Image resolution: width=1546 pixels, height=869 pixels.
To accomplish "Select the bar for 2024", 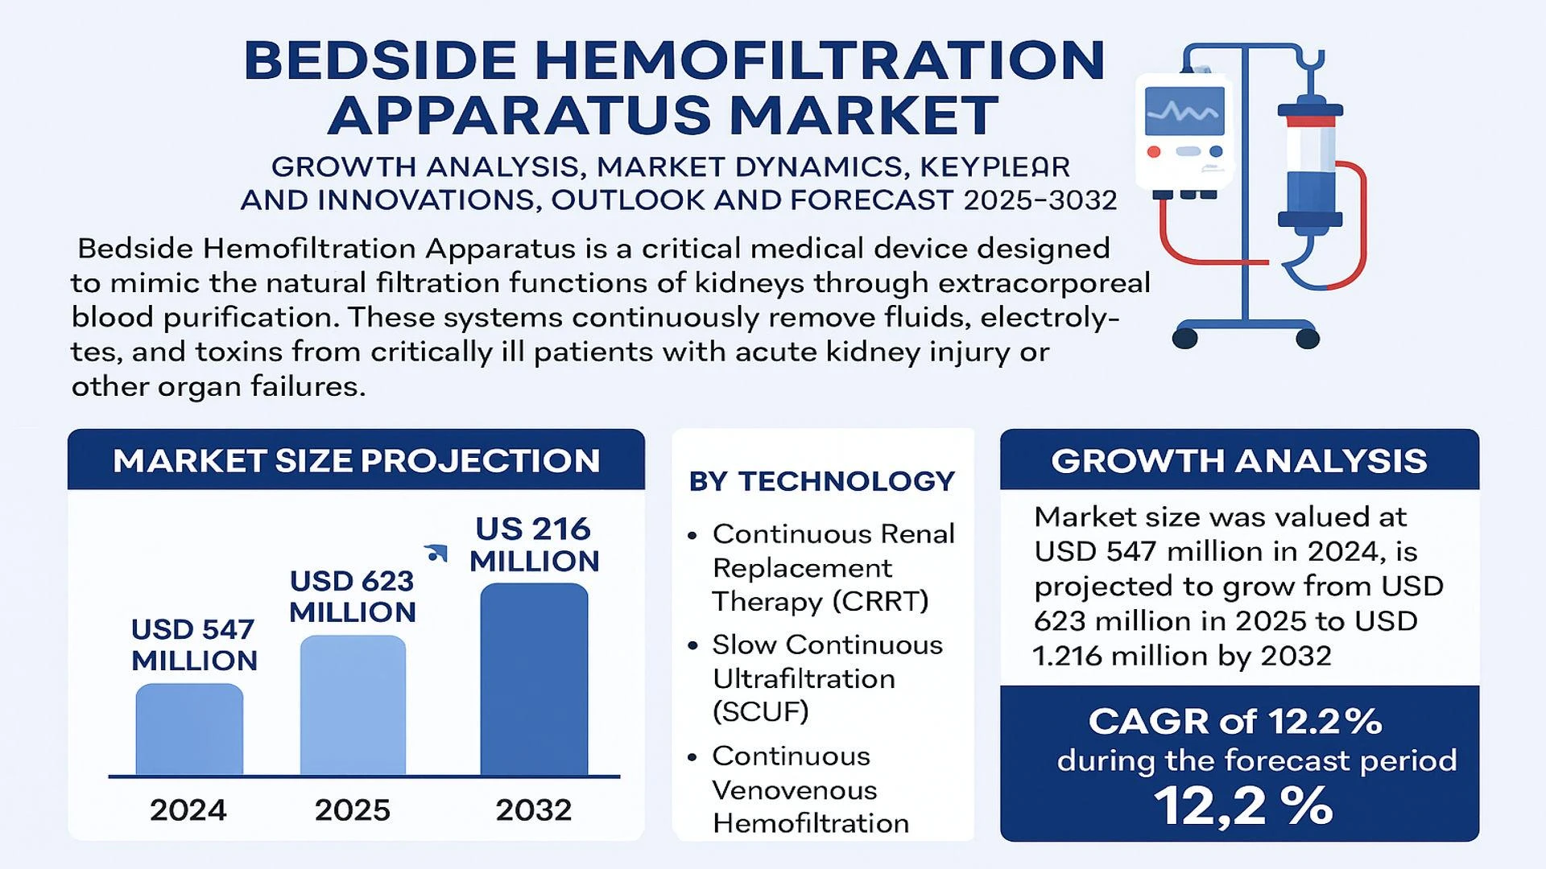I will (189, 730).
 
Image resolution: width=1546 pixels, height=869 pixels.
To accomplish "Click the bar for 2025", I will (353, 706).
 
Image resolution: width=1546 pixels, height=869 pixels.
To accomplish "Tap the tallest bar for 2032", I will (534, 680).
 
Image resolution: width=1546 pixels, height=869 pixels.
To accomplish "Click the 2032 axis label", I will (533, 809).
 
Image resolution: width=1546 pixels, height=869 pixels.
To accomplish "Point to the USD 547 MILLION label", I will (193, 645).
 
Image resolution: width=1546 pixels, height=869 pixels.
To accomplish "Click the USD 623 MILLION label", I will (352, 596).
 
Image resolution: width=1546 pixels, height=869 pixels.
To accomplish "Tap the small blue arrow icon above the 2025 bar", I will (436, 553).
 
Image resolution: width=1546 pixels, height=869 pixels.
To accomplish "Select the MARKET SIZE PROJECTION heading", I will (356, 461).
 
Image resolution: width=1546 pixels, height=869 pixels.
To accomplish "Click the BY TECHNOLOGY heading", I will (821, 481).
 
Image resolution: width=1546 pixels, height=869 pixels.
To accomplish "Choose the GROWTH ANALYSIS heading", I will (1238, 461).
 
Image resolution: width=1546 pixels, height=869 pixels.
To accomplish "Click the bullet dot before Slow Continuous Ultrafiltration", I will (692, 646).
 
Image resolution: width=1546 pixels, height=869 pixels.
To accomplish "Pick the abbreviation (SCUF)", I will (760, 711).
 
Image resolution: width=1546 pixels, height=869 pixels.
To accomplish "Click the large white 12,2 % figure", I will (1242, 805).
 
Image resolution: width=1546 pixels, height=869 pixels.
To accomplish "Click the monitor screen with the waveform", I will (1184, 111).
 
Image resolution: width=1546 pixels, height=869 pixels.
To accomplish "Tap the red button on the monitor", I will (1153, 151).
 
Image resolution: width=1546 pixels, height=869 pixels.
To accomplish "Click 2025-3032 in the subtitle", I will (1040, 200).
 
